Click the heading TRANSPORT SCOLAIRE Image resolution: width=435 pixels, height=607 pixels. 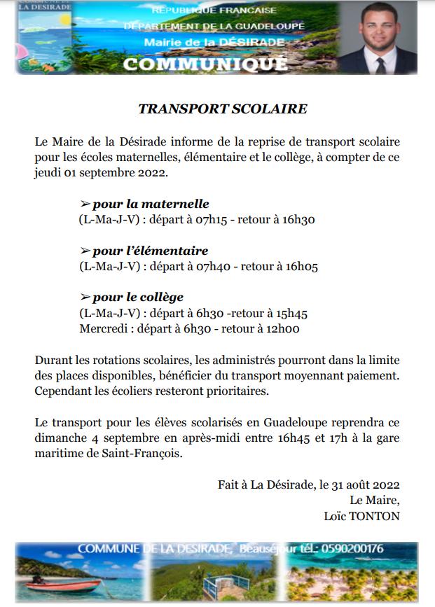[223, 109]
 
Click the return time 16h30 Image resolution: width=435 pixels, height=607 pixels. [299, 220]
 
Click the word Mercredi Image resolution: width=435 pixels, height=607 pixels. [103, 328]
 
